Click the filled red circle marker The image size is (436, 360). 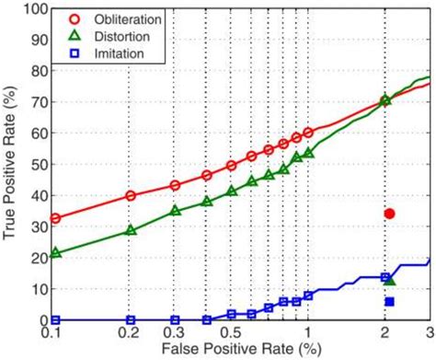coord(389,214)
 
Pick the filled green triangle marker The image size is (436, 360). coord(389,279)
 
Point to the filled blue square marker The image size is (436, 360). coord(389,301)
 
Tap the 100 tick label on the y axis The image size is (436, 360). coord(36,9)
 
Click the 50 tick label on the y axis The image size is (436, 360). coord(40,165)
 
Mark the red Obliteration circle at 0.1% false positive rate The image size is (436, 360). coord(55,218)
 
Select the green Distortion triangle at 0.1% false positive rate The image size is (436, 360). coord(55,252)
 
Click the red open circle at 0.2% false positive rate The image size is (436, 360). coord(131,195)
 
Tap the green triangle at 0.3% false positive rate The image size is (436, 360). coord(176,211)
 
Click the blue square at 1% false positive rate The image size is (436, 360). coord(308,295)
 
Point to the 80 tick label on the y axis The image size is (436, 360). coord(40,71)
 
